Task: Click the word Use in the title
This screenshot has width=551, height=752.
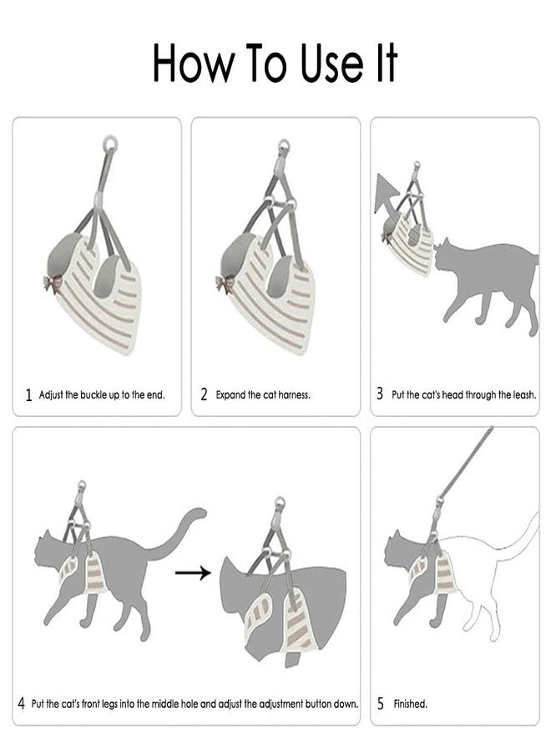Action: coord(331,63)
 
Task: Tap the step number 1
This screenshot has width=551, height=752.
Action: coord(28,394)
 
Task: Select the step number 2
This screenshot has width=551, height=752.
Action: coord(204,394)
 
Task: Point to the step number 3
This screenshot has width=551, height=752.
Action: coord(380,394)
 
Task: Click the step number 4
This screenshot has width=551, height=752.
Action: coord(22,704)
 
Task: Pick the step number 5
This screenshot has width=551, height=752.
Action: coord(381,704)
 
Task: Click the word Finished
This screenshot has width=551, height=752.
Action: coord(410,704)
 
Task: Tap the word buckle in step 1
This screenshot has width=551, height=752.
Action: coord(94,394)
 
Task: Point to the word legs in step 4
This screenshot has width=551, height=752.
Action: coord(109,704)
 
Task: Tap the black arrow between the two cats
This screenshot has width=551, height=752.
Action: coord(193,572)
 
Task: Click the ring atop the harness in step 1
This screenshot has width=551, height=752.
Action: coord(109,143)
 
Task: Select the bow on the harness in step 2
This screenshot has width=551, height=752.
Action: coord(224,283)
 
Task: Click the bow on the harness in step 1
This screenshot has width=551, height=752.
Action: coord(52,283)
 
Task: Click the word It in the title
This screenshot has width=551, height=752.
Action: coord(387,63)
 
